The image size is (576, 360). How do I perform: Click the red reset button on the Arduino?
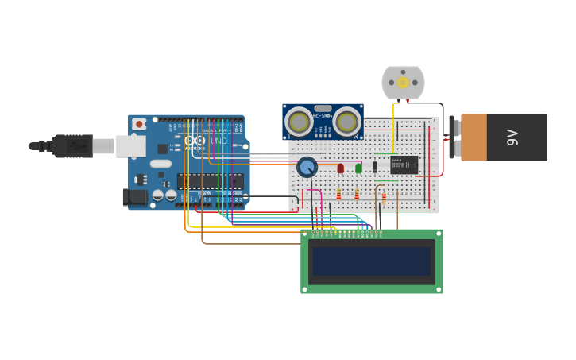click(140, 123)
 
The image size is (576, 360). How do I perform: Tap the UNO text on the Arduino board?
click(218, 141)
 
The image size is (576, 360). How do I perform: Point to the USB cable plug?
click(72, 146)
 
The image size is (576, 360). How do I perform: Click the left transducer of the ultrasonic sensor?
click(299, 122)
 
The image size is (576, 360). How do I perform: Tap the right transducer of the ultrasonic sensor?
click(347, 122)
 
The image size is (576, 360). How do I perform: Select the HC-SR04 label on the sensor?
click(323, 117)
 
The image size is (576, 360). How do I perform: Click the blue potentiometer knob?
click(307, 167)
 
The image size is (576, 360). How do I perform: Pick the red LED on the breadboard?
click(341, 168)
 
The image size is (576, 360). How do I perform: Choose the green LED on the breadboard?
click(358, 168)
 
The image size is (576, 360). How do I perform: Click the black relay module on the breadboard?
click(404, 165)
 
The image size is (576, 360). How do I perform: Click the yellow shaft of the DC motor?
click(403, 82)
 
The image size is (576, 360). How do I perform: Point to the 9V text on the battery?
click(512, 137)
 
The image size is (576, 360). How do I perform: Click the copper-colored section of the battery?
click(474, 137)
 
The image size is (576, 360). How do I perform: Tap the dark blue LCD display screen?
click(372, 261)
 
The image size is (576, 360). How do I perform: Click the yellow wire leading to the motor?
click(393, 119)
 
